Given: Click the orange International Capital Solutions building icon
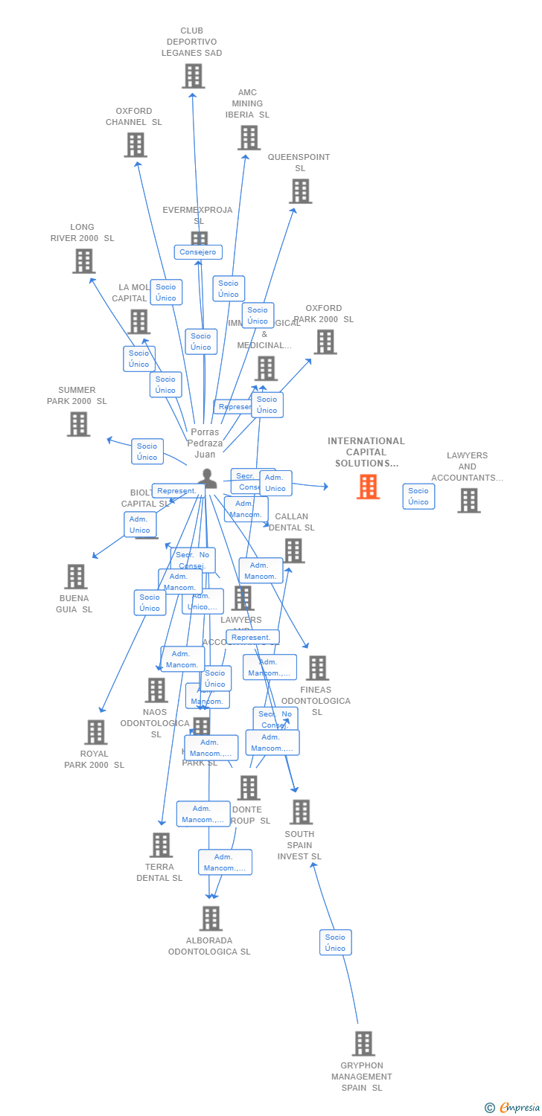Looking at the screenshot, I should pyautogui.click(x=368, y=487).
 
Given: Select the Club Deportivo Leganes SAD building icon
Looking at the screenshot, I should pyautogui.click(x=194, y=76).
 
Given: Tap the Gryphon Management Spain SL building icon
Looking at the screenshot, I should pyautogui.click(x=363, y=1043).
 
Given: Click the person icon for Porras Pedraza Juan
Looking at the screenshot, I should pyautogui.click(x=208, y=478).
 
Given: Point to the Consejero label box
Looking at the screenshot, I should pyautogui.click(x=198, y=252).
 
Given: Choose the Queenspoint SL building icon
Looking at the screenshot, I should pyautogui.click(x=301, y=191).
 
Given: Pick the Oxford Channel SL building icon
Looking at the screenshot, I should pyautogui.click(x=135, y=144).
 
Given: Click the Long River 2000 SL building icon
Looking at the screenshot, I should pyautogui.click(x=84, y=260).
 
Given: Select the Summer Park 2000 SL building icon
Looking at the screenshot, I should pyautogui.click(x=79, y=423).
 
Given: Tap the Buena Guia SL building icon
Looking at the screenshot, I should pyautogui.click(x=75, y=576).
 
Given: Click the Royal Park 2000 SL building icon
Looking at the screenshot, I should pyautogui.click(x=95, y=732).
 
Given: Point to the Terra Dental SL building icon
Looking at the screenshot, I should pyautogui.click(x=161, y=844).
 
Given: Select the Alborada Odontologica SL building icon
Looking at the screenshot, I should pyautogui.click(x=211, y=918).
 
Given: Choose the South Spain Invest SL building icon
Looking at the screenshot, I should pyautogui.click(x=301, y=812).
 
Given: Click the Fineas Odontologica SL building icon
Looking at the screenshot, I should pyautogui.click(x=317, y=667).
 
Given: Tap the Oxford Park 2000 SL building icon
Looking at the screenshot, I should pyautogui.click(x=325, y=341).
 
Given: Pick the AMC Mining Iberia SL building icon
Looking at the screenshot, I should pyautogui.click(x=249, y=137).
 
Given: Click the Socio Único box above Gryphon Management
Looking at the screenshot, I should pyautogui.click(x=335, y=943).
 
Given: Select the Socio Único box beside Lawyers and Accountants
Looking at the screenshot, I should pyautogui.click(x=418, y=496).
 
